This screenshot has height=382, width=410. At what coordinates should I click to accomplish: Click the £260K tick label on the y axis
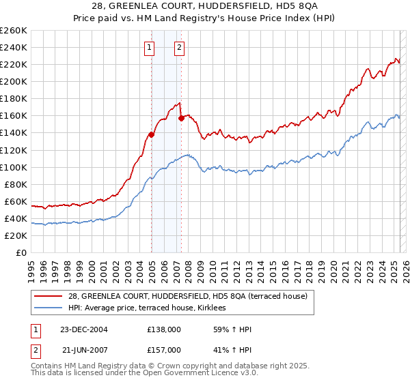click(x=13, y=31)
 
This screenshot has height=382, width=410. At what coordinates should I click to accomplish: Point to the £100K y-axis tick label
click(x=13, y=167)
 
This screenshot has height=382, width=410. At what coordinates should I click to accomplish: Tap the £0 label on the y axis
click(x=22, y=253)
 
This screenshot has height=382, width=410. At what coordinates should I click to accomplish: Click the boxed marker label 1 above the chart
click(x=149, y=48)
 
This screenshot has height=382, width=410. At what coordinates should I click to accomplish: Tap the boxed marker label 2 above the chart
click(x=179, y=48)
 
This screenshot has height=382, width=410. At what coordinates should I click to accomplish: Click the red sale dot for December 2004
click(x=151, y=134)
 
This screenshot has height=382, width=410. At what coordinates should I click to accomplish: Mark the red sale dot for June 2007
click(x=181, y=118)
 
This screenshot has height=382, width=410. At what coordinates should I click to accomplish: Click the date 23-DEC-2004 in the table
click(x=84, y=329)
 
